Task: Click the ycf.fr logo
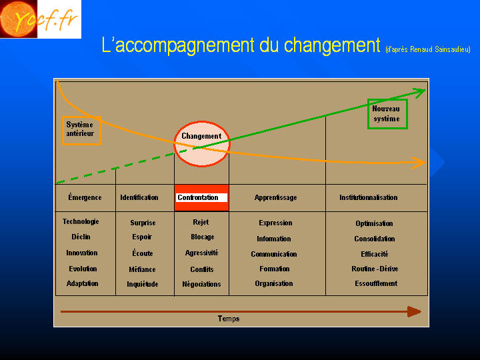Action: pos(41,19)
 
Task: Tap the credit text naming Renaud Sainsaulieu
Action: pos(428,49)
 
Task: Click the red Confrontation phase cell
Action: pos(201,198)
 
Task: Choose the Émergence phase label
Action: pos(85,197)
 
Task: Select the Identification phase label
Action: pos(139,197)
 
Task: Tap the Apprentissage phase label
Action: pos(275,198)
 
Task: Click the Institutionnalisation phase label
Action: pos(368,197)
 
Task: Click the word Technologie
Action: pos(81,221)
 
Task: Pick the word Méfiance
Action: pos(143,269)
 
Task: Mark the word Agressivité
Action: pos(202,253)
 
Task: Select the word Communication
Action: pos(274,254)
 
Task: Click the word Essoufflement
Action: pos(376,283)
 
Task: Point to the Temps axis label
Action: pos(229,319)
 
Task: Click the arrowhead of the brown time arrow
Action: pos(414,311)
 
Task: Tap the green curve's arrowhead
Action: pos(419,93)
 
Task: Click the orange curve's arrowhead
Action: pos(419,163)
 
